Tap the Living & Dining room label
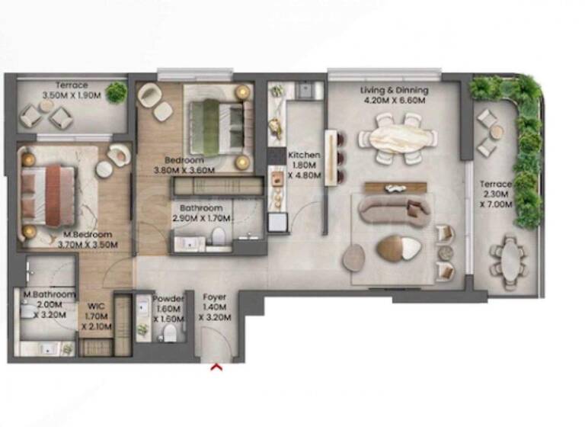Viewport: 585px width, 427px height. (394, 90)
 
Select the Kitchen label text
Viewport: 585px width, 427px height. (304, 155)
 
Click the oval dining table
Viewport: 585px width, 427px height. (398, 137)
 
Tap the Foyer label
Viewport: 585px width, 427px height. (214, 297)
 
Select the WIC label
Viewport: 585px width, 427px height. (96, 307)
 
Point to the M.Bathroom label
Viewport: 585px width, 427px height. (49, 294)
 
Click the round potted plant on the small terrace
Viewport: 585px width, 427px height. (117, 93)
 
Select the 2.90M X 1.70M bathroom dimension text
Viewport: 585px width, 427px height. (201, 217)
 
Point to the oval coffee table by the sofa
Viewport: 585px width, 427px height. (398, 249)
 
